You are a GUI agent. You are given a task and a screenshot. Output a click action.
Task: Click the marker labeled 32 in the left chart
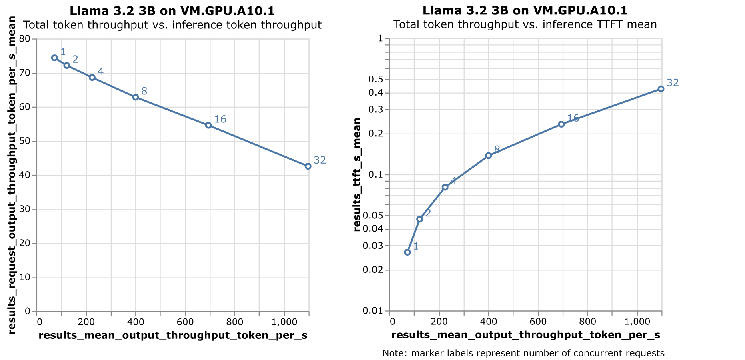pyautogui.click(x=308, y=166)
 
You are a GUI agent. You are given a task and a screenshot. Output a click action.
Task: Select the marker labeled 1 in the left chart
pyautogui.click(x=54, y=58)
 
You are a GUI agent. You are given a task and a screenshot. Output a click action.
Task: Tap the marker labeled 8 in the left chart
pyautogui.click(x=136, y=97)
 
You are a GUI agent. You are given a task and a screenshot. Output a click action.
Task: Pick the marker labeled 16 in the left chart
pyautogui.click(x=208, y=125)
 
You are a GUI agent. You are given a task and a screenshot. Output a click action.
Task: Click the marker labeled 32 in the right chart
pyautogui.click(x=661, y=89)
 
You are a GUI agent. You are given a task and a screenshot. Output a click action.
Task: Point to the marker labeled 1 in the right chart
pyautogui.click(x=407, y=252)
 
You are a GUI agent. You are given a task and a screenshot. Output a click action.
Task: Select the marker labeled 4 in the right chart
pyautogui.click(x=445, y=187)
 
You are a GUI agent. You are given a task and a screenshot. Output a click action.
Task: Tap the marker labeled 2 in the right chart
pyautogui.click(x=419, y=219)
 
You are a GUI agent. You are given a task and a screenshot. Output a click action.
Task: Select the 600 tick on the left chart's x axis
pyautogui.click(x=185, y=322)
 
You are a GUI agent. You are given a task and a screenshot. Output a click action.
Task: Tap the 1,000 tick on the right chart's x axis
pyautogui.click(x=637, y=322)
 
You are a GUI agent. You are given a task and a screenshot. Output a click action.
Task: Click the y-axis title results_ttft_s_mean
pyautogui.click(x=357, y=175)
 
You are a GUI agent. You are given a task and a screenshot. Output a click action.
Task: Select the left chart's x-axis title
pyautogui.click(x=173, y=336)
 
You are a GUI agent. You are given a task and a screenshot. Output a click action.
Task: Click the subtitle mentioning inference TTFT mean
pyautogui.click(x=525, y=25)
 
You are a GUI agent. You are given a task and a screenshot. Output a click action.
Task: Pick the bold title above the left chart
pyautogui.click(x=172, y=11)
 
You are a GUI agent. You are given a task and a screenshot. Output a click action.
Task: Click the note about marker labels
pyautogui.click(x=523, y=353)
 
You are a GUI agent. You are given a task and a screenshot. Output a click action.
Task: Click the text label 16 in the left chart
pyautogui.click(x=220, y=119)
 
